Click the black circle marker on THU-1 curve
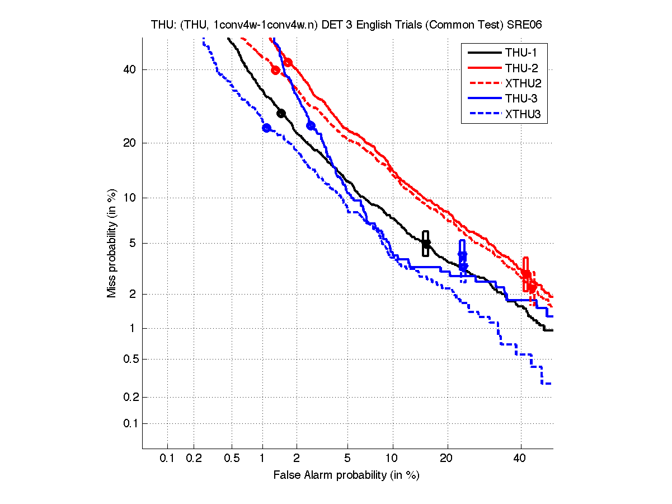coord(281,113)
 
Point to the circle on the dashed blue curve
coord(266,128)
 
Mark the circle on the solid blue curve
coord(311,125)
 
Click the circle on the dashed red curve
coord(275,70)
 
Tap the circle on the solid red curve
coord(288,62)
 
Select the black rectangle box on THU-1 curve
coord(426,243)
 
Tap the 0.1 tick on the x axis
coord(167,458)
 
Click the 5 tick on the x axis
coord(347,458)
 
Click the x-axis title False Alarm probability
coord(346,475)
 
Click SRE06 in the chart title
coord(524,25)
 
